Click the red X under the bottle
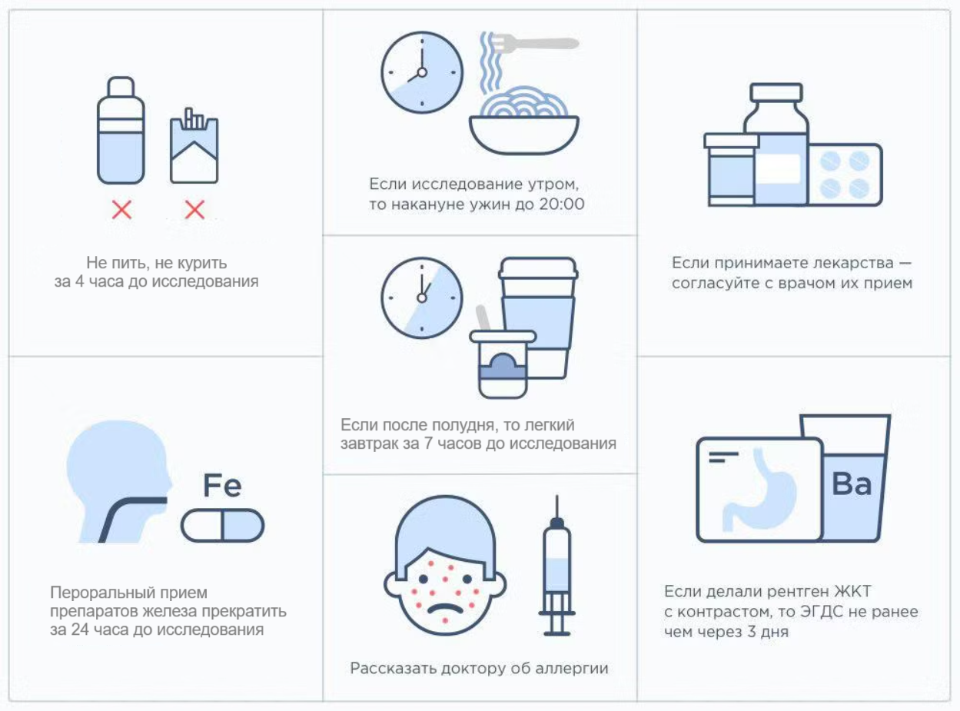pyautogui.click(x=121, y=210)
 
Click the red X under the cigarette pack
pyautogui.click(x=194, y=210)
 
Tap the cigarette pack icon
pyautogui.click(x=194, y=146)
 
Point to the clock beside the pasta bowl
pyautogui.click(x=422, y=72)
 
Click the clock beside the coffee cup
pyautogui.click(x=422, y=298)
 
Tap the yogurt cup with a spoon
pyautogui.click(x=502, y=360)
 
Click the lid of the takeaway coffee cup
pyautogui.click(x=538, y=268)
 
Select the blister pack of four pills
pyautogui.click(x=845, y=174)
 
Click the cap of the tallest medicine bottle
pyautogui.click(x=776, y=91)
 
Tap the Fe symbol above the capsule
pyautogui.click(x=222, y=486)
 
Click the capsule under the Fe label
pyautogui.click(x=222, y=525)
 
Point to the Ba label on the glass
pyautogui.click(x=852, y=483)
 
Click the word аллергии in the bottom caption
pyautogui.click(x=572, y=669)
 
